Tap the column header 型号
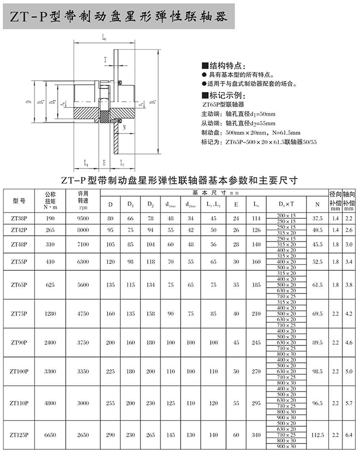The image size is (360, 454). tap(19, 200)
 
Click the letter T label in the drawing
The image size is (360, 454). tap(105, 59)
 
